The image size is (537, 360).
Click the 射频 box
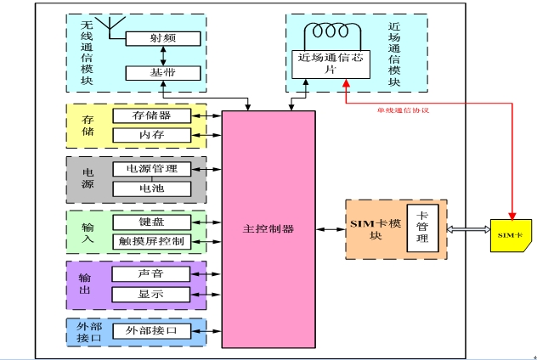click(163, 38)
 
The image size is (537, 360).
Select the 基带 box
click(163, 73)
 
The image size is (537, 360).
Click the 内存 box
click(151, 135)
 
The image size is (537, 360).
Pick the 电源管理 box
click(151, 169)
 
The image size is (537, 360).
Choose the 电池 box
click(151, 188)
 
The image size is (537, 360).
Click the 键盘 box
click(151, 222)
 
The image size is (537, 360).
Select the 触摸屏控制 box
click(151, 241)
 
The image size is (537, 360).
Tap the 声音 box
click(150, 274)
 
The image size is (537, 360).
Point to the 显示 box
click(150, 294)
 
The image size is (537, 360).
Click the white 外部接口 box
click(152, 330)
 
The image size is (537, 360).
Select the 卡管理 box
click(422, 229)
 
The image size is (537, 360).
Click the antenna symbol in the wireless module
click(110, 23)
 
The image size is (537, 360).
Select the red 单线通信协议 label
click(403, 110)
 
